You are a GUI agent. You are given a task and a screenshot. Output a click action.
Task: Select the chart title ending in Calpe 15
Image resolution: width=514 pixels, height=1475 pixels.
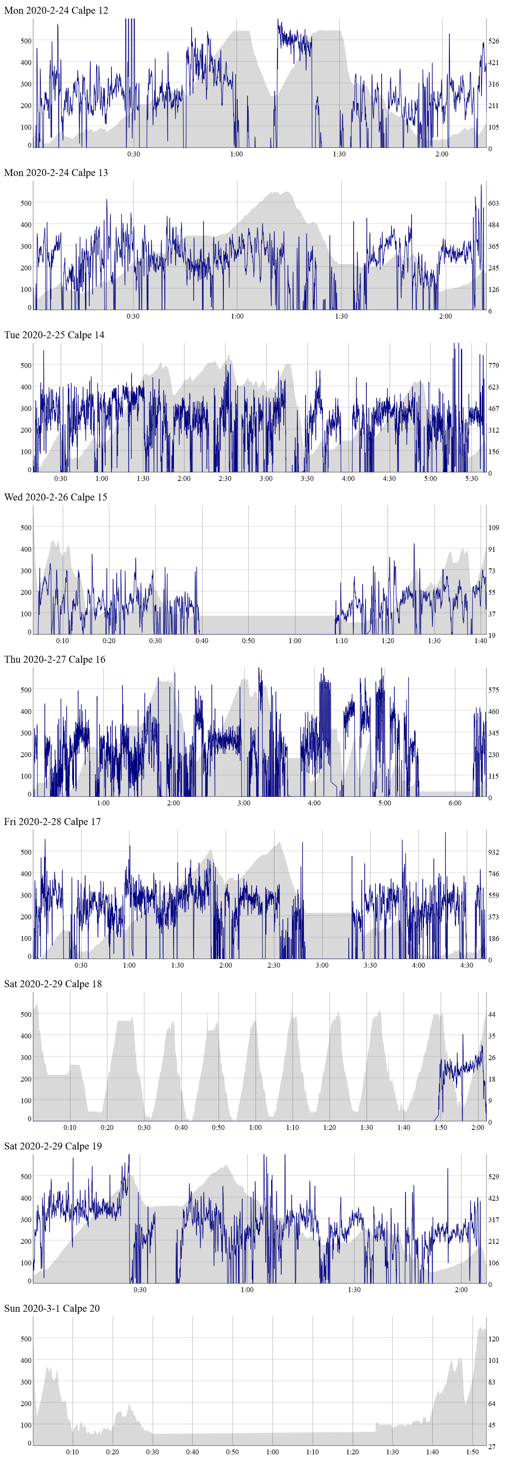[x=56, y=497]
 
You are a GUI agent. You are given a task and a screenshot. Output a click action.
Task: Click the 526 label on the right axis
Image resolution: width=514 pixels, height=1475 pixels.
[x=493, y=41]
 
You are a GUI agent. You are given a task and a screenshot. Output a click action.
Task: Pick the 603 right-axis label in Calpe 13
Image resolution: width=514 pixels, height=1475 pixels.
[x=493, y=203]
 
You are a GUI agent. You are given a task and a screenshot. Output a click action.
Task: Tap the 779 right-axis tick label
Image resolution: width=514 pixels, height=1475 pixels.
[x=493, y=365]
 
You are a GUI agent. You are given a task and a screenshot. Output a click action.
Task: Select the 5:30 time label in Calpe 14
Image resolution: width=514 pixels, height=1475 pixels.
[x=472, y=479]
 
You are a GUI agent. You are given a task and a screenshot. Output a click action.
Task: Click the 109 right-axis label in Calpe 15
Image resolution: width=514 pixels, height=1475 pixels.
[x=493, y=527]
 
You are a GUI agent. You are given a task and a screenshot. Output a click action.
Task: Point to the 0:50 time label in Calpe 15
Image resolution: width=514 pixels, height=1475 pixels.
[x=248, y=641]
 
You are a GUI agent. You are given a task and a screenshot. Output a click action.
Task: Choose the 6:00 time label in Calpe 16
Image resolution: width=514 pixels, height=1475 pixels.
[x=455, y=803]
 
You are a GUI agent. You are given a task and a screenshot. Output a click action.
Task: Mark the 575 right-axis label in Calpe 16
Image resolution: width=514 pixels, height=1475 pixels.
[x=493, y=690]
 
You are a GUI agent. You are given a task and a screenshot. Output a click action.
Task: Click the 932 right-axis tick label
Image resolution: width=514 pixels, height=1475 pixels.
[x=493, y=852]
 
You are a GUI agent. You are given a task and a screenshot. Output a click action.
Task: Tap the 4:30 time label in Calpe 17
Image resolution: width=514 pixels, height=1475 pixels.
[x=467, y=965]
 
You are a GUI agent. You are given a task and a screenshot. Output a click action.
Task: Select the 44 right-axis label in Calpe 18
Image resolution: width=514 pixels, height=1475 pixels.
[x=492, y=1014]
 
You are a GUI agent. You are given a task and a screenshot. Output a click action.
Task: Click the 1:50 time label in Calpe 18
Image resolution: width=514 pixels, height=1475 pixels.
[x=441, y=1128]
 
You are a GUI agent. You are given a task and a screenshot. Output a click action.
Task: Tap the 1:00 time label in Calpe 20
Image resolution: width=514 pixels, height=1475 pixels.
[x=273, y=1452]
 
